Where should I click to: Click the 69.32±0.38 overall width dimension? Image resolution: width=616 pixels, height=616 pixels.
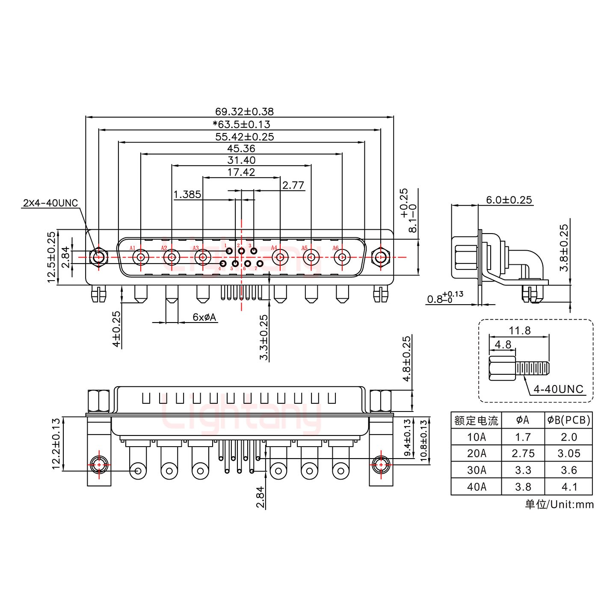tap(244, 112)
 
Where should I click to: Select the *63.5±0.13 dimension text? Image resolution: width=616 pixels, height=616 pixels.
tap(241, 124)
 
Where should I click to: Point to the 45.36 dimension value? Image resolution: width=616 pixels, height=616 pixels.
tap(241, 148)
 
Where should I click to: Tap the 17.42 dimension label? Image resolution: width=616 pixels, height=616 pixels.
tap(241, 172)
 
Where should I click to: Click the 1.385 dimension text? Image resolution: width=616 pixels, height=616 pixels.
tap(187, 195)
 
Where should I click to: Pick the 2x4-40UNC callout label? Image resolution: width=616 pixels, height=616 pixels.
tap(50, 203)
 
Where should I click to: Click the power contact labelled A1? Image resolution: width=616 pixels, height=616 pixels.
tap(141, 258)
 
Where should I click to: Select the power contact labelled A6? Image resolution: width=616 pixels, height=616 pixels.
tap(342, 258)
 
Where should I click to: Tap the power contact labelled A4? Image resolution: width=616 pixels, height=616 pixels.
tap(280, 258)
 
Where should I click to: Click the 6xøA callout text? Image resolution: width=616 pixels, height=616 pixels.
tap(204, 317)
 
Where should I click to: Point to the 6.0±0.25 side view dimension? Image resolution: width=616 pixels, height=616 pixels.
tap(509, 200)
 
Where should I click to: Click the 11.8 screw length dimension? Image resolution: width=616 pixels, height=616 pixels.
tap(520, 330)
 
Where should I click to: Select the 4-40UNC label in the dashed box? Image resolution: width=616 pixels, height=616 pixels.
tap(559, 389)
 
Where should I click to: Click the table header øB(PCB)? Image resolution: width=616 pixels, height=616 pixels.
tap(569, 420)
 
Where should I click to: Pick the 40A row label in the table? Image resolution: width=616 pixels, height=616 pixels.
tap(476, 487)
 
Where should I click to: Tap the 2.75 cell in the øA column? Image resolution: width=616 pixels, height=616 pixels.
tap(523, 453)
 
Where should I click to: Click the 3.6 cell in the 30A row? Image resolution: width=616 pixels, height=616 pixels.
tap(569, 470)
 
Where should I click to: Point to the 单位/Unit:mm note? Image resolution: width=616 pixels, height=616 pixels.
tap(559, 505)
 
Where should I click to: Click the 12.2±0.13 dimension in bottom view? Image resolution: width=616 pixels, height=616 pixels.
tap(56, 444)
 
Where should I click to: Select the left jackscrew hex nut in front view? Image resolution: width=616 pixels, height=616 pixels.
tap(99, 258)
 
